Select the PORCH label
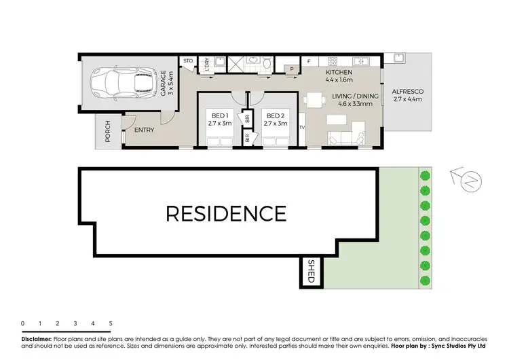click(107, 132)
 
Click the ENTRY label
click(143, 130)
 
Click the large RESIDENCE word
click(226, 213)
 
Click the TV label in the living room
click(301, 127)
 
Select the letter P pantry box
click(291, 69)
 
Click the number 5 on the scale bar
click(110, 323)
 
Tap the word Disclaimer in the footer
click(36, 338)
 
